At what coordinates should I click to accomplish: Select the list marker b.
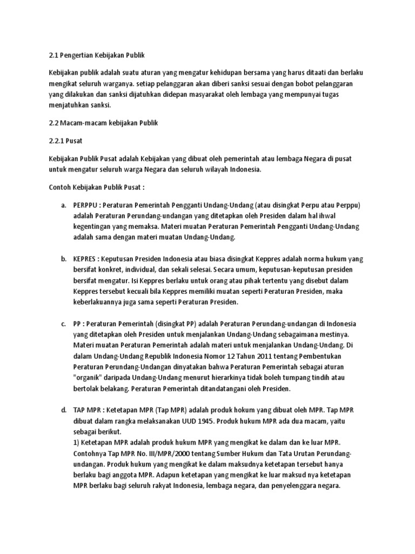coord(63,259)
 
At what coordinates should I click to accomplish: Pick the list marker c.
coord(63,324)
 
